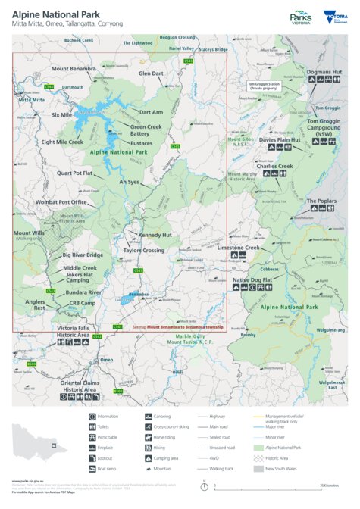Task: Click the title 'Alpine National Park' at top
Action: (55, 13)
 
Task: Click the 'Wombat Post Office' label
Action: (62, 202)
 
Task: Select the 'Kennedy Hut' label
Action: (155, 235)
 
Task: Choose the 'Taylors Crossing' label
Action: (144, 250)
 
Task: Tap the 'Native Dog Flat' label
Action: (252, 280)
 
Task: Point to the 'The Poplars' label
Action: (321, 201)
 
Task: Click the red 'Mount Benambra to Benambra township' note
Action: (178, 326)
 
